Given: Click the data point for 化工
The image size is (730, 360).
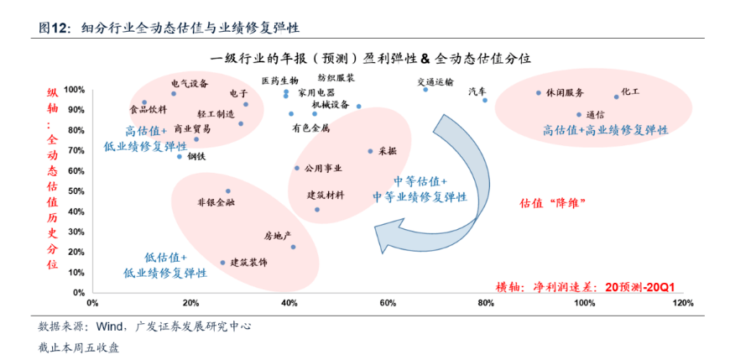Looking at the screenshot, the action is [616, 97].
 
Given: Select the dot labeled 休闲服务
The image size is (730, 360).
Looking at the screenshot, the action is [539, 92].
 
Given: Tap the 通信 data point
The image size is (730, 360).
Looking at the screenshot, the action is [579, 115].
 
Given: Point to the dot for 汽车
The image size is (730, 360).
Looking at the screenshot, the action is [485, 100].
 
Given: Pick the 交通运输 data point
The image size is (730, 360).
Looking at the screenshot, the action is [425, 90].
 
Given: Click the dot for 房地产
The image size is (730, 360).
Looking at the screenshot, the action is [293, 247].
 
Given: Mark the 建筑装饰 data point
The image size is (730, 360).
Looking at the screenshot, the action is [222, 263].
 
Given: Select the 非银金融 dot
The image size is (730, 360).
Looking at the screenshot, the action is [228, 191].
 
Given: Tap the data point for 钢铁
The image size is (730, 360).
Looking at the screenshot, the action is [180, 156].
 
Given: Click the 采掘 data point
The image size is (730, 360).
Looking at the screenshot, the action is [371, 151].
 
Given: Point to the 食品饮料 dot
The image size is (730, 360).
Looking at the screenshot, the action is [144, 102].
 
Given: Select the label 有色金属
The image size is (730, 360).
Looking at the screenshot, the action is [311, 128].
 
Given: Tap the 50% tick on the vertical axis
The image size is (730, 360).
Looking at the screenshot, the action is [78, 191].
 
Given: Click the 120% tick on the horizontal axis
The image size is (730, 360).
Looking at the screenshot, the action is [684, 303].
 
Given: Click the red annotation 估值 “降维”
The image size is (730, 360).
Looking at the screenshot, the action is [552, 203].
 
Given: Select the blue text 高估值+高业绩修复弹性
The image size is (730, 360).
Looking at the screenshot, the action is [605, 130].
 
